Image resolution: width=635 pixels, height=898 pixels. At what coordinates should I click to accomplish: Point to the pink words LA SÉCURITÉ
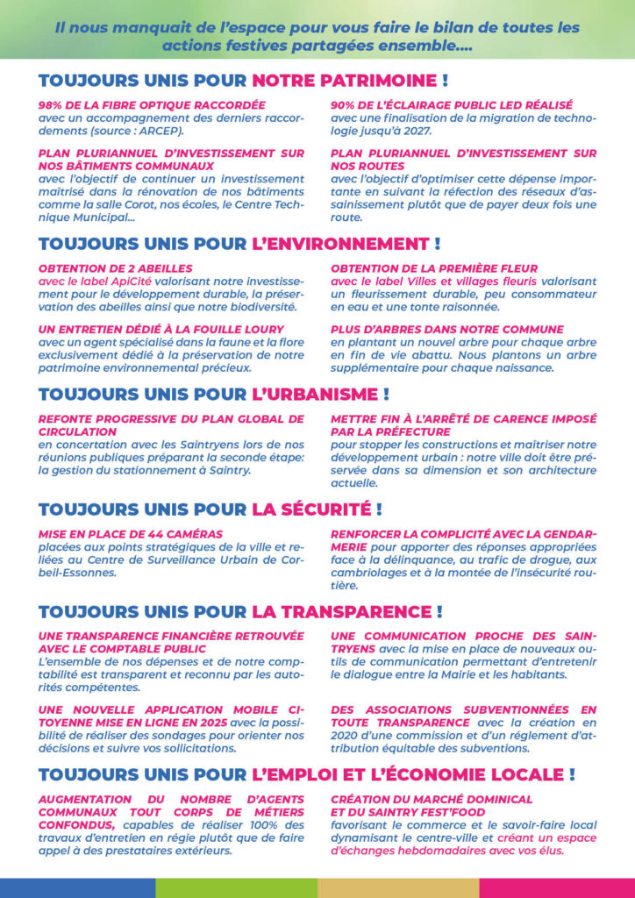point(310,509)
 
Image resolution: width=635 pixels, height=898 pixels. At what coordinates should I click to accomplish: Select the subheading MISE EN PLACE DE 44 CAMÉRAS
point(131,534)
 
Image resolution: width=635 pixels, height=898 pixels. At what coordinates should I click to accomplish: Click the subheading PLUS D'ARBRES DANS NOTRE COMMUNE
point(446,329)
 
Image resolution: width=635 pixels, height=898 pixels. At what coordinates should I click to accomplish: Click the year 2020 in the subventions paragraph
point(347,737)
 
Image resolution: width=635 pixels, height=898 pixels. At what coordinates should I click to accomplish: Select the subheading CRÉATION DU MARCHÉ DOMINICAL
point(432,800)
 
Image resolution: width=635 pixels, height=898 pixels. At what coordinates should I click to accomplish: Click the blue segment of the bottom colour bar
point(77,887)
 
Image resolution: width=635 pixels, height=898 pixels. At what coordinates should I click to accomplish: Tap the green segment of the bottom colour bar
point(236,887)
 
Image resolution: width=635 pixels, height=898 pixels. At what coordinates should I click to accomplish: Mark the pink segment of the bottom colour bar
point(556,887)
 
